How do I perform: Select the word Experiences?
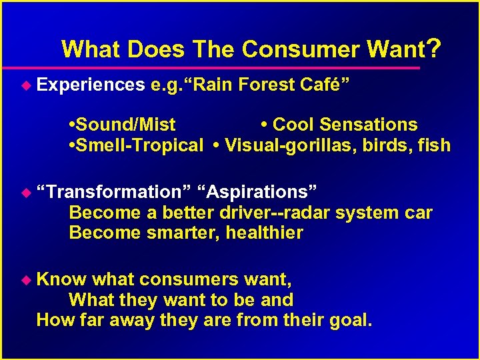coord(91,85)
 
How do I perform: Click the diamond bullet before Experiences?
coord(27,85)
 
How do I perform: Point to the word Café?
coord(327,85)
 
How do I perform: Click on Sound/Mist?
coord(124,125)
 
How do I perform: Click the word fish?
coord(435,145)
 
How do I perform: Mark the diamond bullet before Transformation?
coord(27,192)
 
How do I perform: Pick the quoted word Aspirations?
coord(261,192)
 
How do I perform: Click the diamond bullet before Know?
coord(27,280)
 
